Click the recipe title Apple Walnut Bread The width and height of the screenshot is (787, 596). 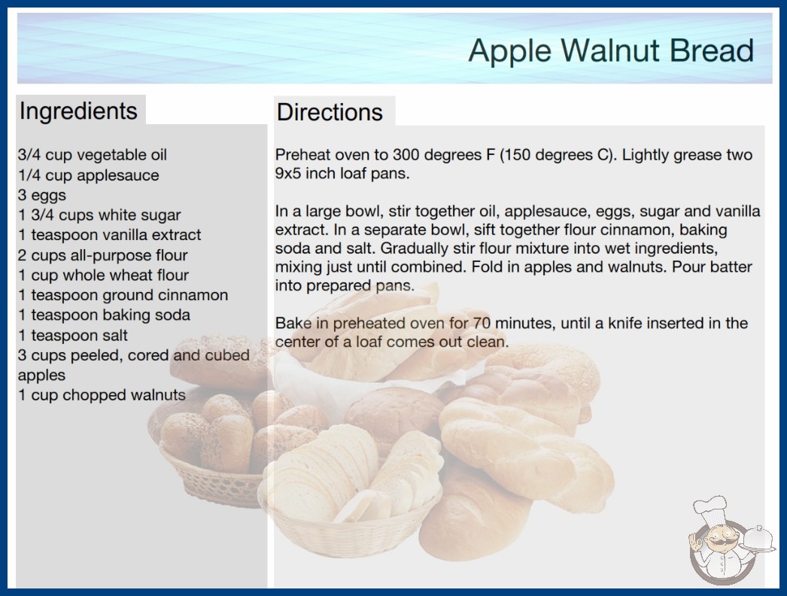[x=611, y=50]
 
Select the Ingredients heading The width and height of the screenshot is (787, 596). [x=78, y=111]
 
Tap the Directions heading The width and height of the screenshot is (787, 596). [x=330, y=112]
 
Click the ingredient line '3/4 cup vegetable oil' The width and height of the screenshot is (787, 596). [x=93, y=155]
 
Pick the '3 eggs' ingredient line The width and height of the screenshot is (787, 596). [x=42, y=196]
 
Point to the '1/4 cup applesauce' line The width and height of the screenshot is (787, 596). [x=88, y=175]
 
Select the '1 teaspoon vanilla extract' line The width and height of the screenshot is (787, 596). [x=109, y=235]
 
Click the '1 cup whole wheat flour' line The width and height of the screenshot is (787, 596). [x=103, y=275]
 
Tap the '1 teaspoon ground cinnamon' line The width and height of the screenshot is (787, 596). [x=123, y=295]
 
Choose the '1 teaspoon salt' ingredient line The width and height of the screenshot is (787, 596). [x=73, y=336]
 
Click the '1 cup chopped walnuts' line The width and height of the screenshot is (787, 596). [x=102, y=395]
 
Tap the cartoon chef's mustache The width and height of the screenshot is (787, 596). [x=719, y=542]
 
